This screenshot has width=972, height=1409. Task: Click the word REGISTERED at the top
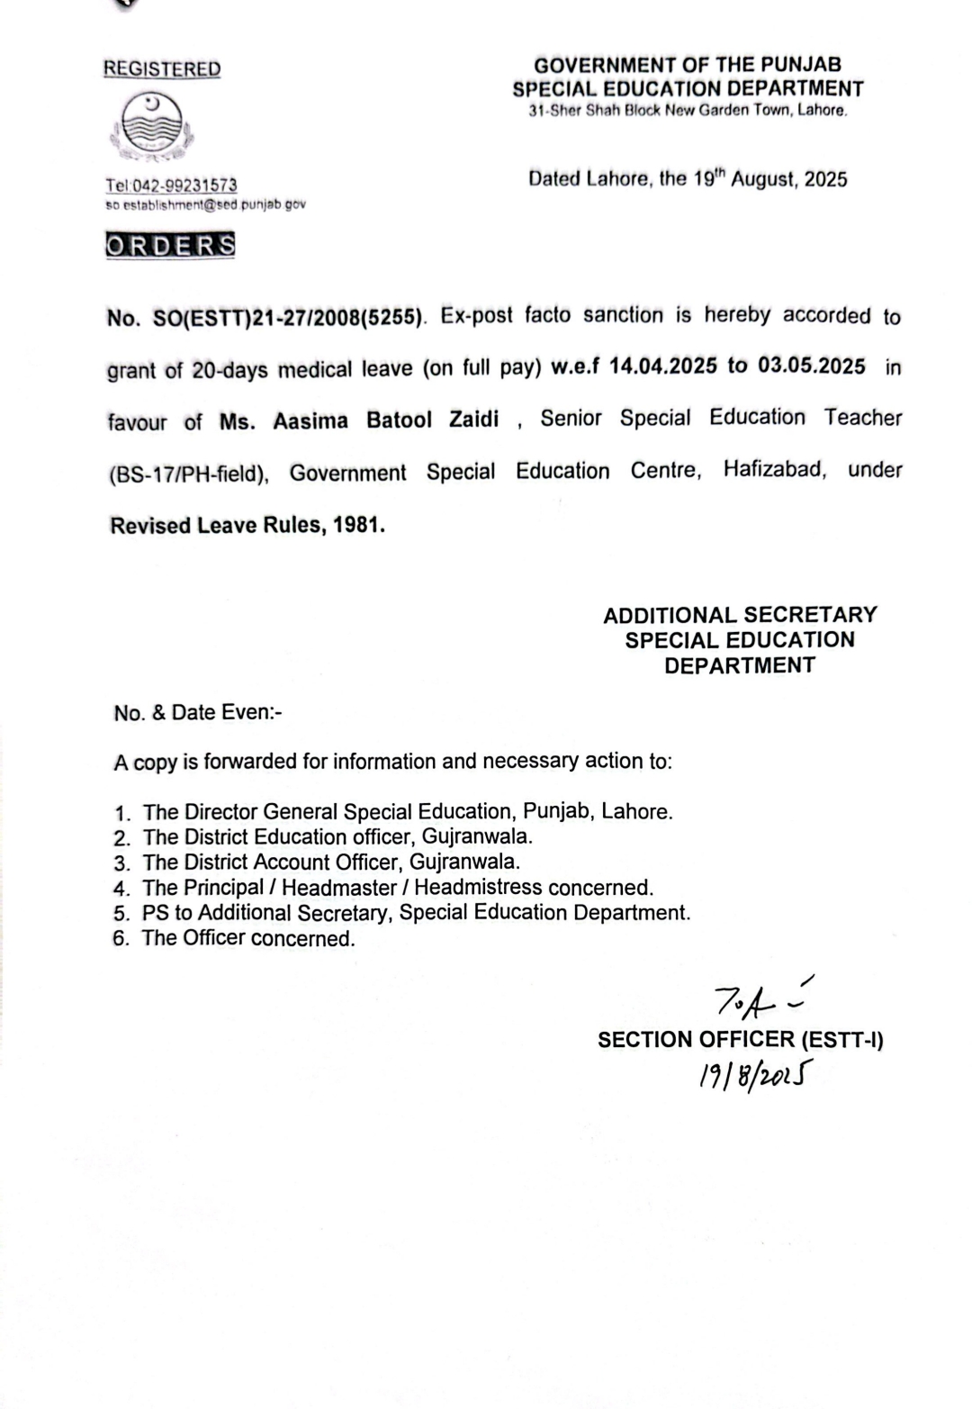162,69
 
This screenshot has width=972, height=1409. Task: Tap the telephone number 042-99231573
184,185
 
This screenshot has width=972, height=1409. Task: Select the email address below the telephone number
205,204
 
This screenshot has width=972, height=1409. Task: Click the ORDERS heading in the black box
170,245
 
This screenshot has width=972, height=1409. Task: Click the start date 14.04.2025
663,366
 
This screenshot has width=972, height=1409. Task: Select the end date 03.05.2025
811,366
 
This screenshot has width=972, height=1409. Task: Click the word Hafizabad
774,470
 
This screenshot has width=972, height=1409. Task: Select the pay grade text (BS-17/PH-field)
188,474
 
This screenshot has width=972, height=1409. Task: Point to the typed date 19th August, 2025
769,178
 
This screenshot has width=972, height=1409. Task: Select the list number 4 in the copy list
121,889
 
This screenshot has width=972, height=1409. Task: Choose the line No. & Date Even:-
198,713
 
